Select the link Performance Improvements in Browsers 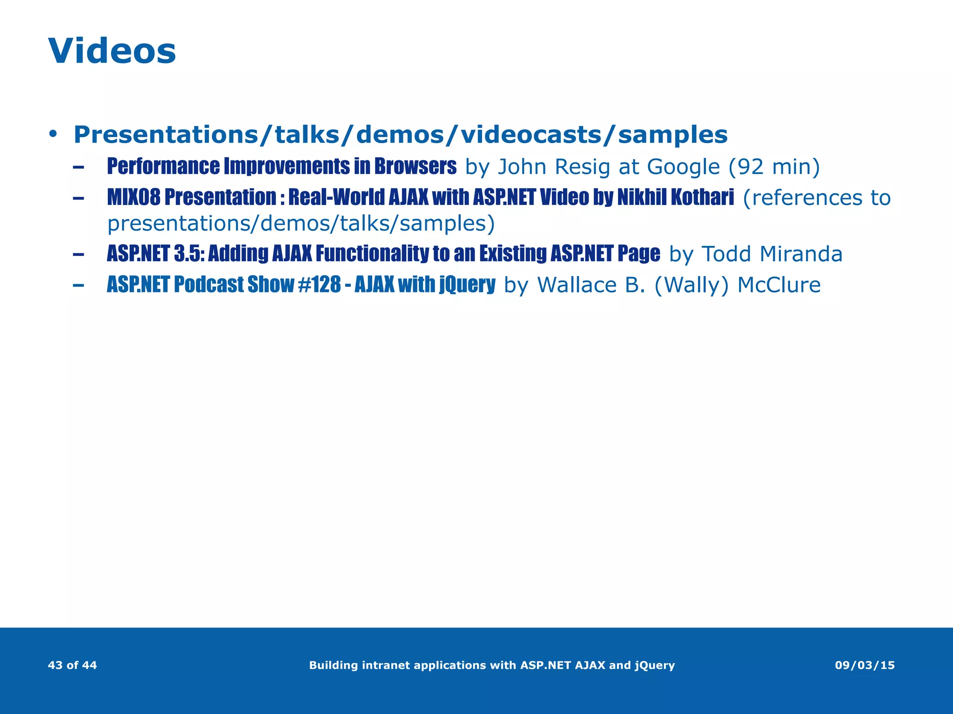[282, 166]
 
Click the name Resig [582, 167]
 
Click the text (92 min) [773, 167]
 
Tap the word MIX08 [134, 197]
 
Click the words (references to [816, 198]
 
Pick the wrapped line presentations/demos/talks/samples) [301, 224]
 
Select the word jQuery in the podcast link [467, 284]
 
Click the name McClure [779, 285]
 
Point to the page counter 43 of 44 [72, 665]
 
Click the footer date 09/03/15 [865, 665]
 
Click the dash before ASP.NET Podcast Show [78, 284]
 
